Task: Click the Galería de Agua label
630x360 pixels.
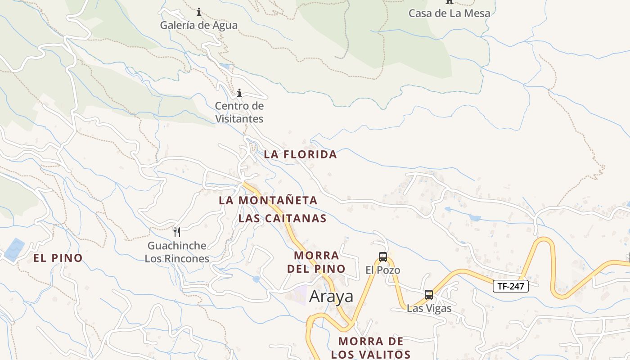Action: click(x=198, y=25)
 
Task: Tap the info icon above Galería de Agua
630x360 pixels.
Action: click(x=199, y=12)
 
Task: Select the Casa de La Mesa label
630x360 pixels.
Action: click(x=449, y=13)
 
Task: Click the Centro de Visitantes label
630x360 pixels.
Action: click(x=239, y=112)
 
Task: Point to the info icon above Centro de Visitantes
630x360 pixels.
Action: click(x=239, y=93)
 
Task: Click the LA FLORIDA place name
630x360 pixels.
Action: click(x=300, y=154)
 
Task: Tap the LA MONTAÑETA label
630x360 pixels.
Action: click(x=268, y=200)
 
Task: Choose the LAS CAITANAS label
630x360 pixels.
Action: click(x=282, y=219)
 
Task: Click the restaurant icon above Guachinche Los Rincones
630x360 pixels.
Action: click(x=177, y=232)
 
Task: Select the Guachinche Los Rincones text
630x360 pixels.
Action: click(x=177, y=252)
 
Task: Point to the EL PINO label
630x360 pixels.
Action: click(x=58, y=258)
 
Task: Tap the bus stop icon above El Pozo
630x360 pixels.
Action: click(x=383, y=257)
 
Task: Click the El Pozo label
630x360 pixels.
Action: click(x=382, y=270)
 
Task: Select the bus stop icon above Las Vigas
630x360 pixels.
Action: click(x=429, y=295)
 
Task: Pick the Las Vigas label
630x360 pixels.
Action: click(x=429, y=308)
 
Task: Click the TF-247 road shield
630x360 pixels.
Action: click(x=510, y=286)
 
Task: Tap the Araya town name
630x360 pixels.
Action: click(x=331, y=297)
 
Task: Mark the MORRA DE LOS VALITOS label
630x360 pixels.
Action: click(x=371, y=348)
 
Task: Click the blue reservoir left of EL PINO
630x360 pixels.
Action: click(x=14, y=249)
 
